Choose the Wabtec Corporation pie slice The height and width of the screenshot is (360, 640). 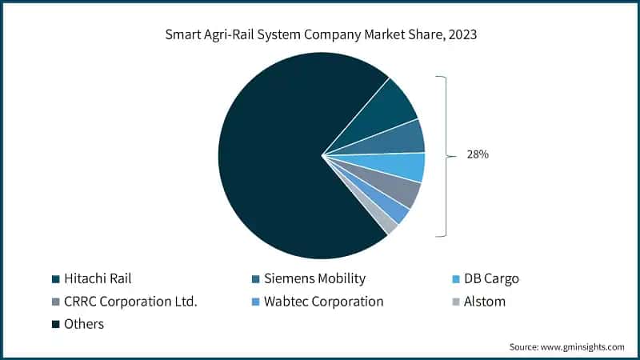click(391, 210)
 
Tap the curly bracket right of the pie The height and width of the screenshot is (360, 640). click(442, 156)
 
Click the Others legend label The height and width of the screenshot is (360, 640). click(83, 324)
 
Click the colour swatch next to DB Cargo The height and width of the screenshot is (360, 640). click(456, 279)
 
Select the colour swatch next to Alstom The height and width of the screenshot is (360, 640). click(456, 302)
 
